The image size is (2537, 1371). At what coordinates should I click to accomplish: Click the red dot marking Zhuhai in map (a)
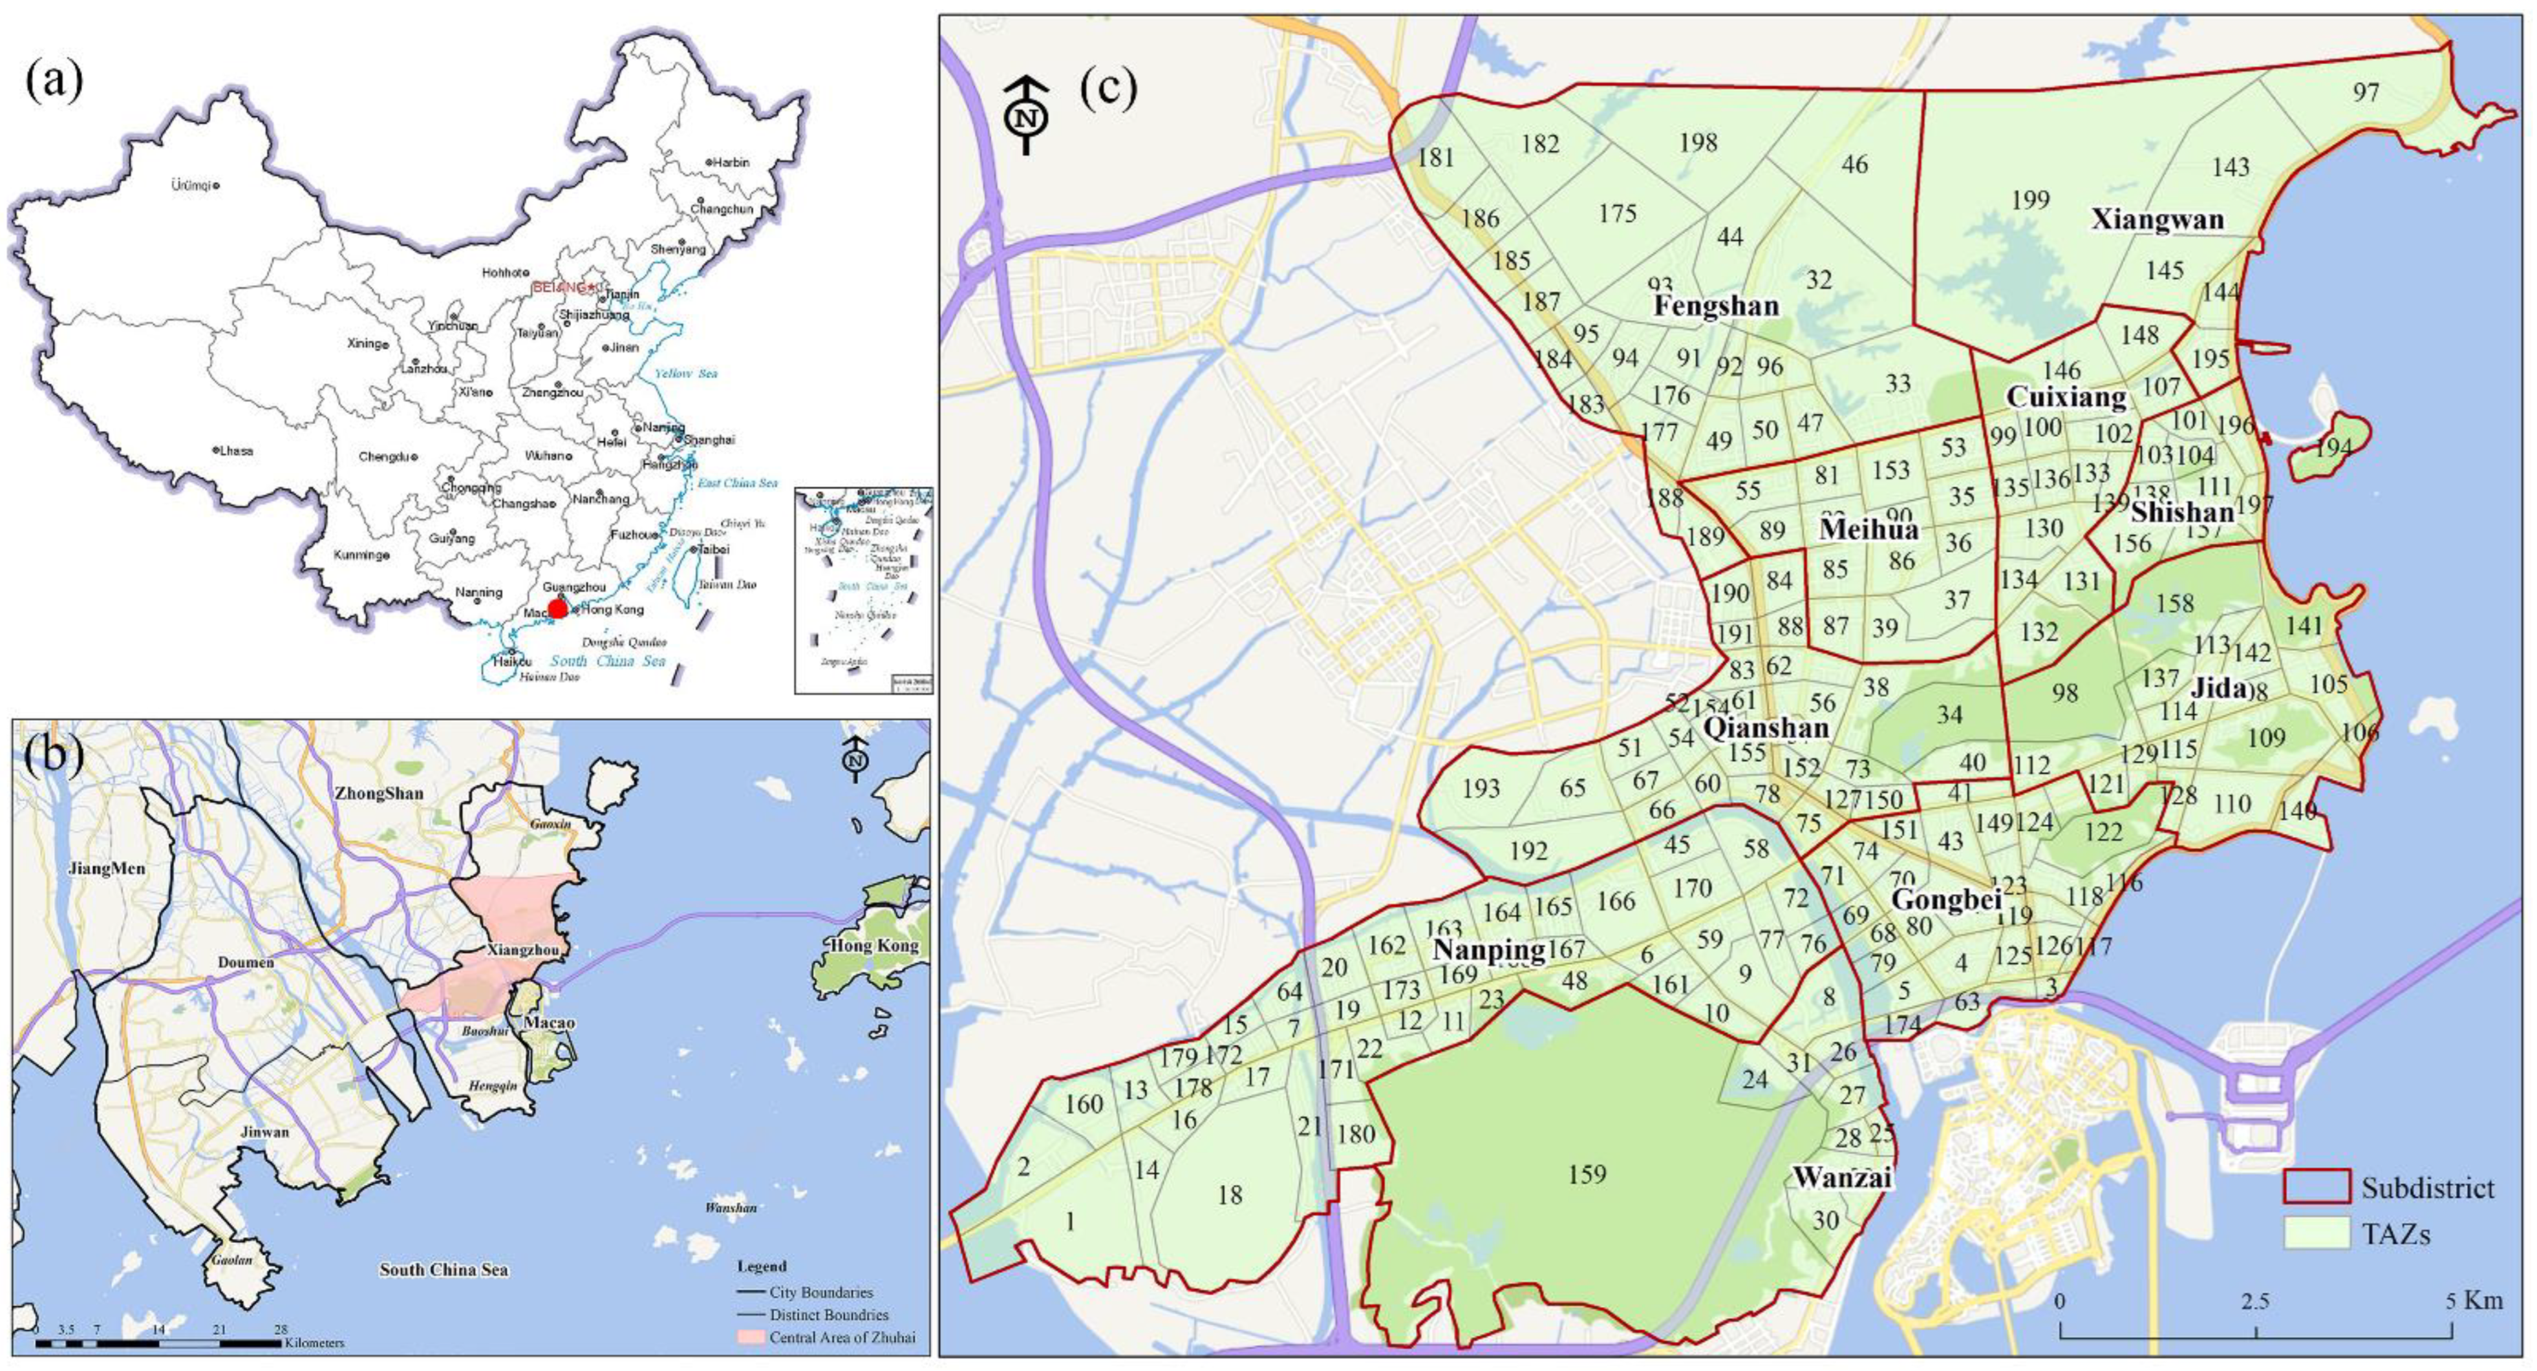557,609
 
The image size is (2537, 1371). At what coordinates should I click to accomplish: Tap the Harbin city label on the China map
730,162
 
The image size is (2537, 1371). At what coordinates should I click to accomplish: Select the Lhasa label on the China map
235,451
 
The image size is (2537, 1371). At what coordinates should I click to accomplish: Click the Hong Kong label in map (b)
873,946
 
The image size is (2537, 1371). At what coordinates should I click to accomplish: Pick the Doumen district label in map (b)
246,961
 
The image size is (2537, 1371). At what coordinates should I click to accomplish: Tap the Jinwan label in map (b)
266,1132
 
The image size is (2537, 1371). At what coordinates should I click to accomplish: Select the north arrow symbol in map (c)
1026,114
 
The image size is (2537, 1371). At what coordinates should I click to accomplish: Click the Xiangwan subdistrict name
2157,220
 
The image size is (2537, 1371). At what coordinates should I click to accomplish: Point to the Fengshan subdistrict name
1716,306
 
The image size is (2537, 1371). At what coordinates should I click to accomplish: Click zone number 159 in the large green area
1587,1174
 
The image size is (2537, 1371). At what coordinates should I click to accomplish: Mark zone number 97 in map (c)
2366,92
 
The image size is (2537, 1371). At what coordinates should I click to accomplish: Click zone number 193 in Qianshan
1481,788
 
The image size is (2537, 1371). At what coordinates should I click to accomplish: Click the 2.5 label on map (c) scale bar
2255,1301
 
